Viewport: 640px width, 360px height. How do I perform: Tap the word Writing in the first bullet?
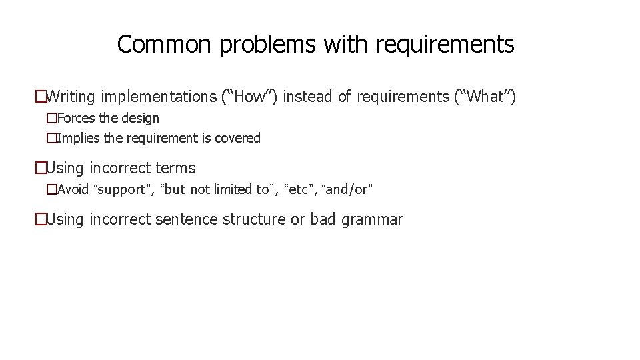click(72, 97)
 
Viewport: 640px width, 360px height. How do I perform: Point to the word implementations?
click(159, 97)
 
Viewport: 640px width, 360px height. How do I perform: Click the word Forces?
click(76, 118)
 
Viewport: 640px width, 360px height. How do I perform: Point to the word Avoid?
click(73, 189)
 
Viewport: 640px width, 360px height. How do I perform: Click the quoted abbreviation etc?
click(301, 189)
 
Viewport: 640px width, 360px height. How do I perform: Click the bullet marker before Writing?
click(41, 97)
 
